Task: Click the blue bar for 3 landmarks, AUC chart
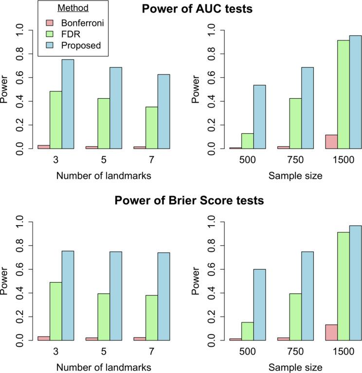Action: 67,104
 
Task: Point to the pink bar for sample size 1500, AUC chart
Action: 331,142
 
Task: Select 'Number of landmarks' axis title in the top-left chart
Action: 103,176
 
